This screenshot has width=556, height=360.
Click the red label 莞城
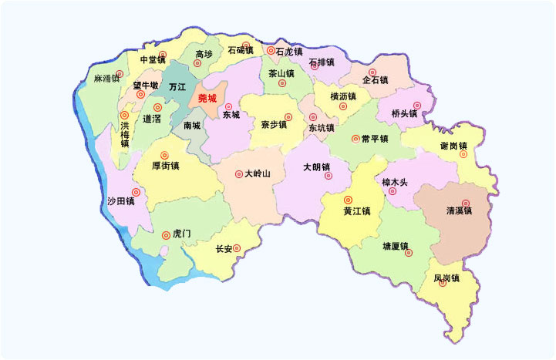pos(207,98)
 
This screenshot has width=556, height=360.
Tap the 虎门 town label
pos(181,234)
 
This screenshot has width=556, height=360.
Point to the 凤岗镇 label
pos(446,278)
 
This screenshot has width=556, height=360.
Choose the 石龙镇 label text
pos(289,52)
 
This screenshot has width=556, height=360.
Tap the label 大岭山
pos(258,173)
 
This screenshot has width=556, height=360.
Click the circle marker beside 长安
pos(237,248)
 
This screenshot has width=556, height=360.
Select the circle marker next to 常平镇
pos(356,139)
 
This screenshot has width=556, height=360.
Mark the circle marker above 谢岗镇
pos(463,154)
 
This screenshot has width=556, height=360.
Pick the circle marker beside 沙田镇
pos(136,192)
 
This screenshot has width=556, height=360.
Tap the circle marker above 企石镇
pos(372,72)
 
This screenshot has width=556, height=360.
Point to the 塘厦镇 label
pos(396,246)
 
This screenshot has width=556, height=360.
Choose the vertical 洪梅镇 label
pos(125,133)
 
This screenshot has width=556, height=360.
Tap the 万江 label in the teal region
pos(177,87)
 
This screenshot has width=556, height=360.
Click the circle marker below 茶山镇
pos(282,83)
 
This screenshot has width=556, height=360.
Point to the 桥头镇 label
pos(404,113)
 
